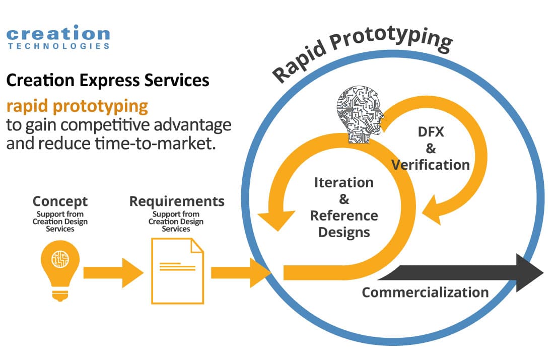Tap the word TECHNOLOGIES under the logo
coord(58,46)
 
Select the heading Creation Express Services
coord(108,80)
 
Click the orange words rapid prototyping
coord(77,107)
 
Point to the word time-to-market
coord(155,143)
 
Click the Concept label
coord(60,201)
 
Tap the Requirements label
coord(177,201)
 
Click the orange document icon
coord(177,271)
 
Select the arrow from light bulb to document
coord(113,273)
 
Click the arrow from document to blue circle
coord(241,273)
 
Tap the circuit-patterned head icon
coord(360,114)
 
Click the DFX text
coord(431,132)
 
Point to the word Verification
coord(431,165)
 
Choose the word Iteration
coord(344,182)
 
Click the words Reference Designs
coord(344,224)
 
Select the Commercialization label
coord(425,293)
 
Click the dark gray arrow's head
coord(529,273)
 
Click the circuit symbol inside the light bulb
coord(60,259)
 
